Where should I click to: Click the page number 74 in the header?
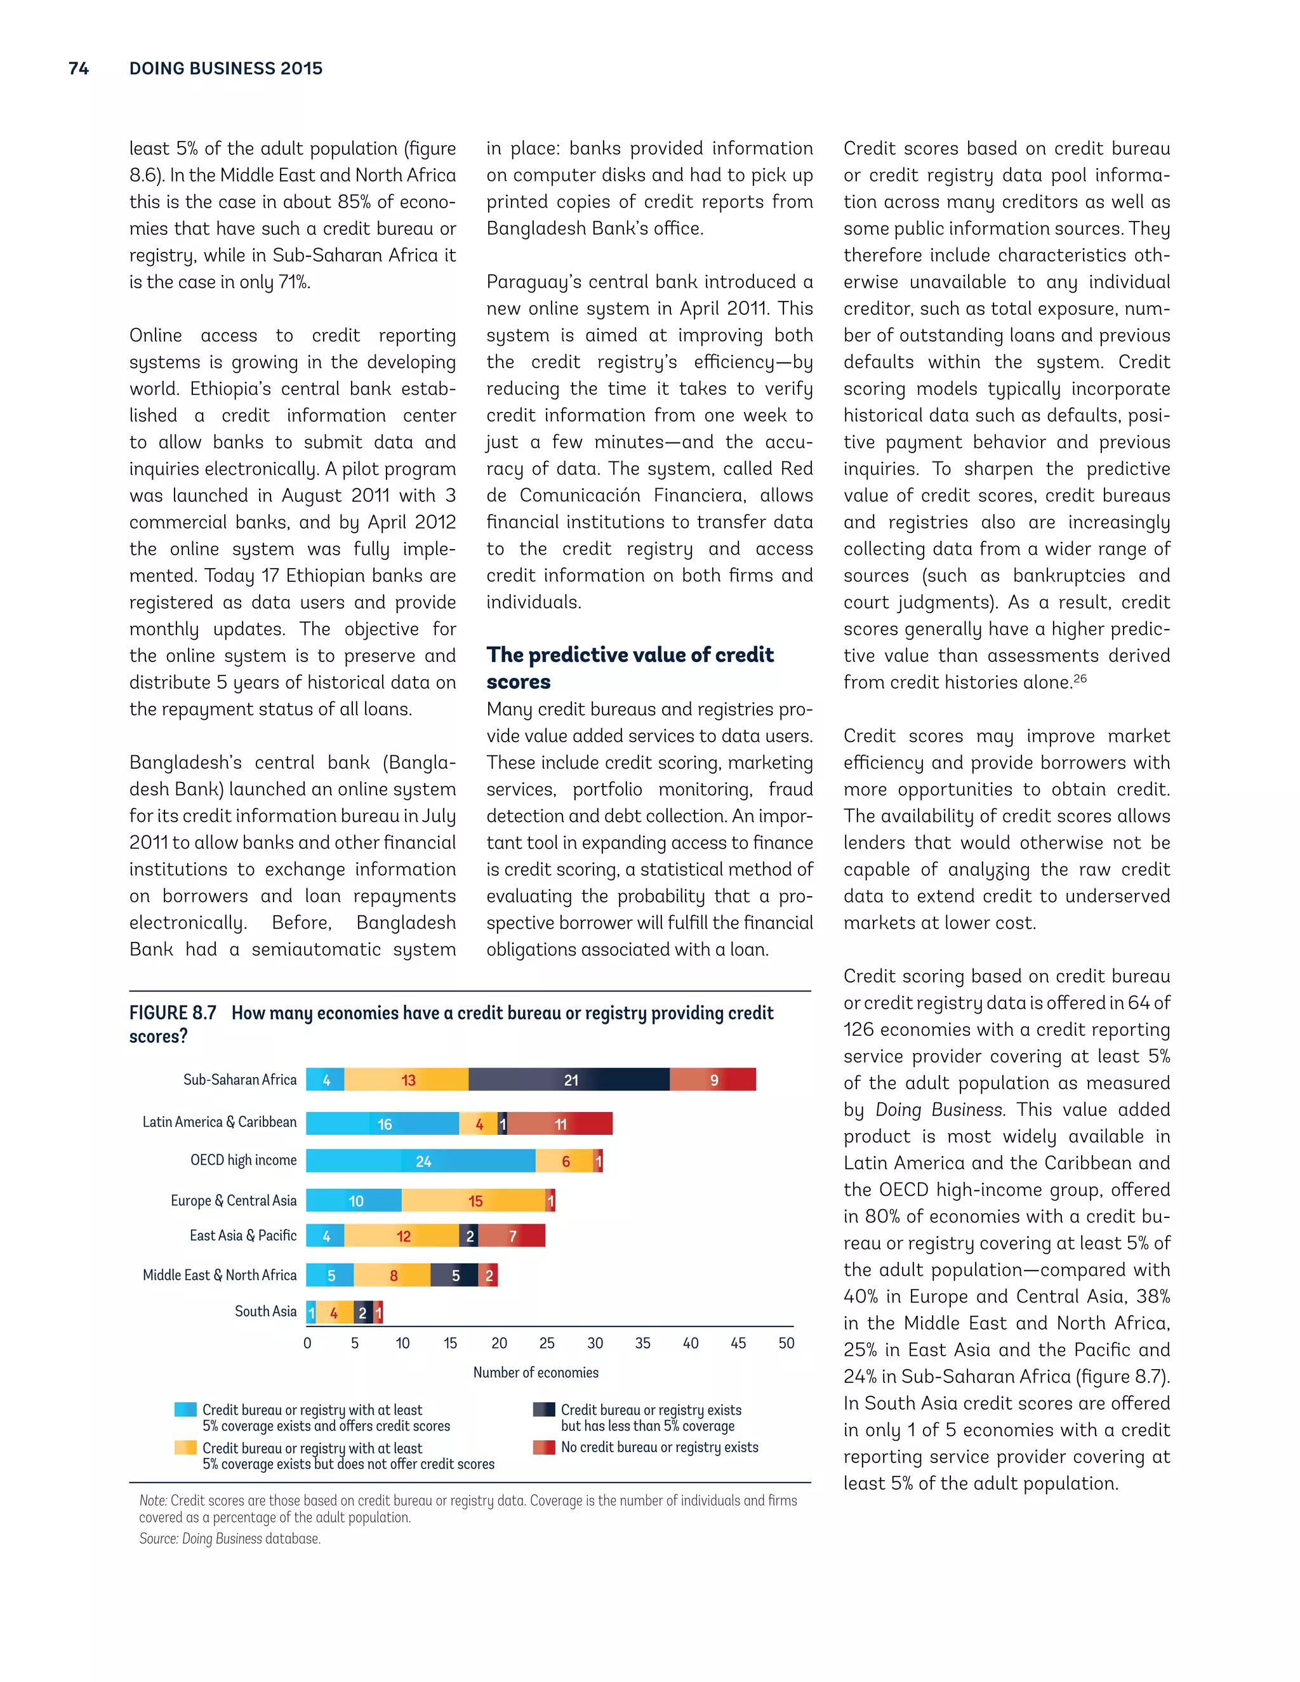79,69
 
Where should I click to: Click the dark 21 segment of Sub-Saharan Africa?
569,1080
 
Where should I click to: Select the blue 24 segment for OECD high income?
421,1162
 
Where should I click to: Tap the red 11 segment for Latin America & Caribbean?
560,1123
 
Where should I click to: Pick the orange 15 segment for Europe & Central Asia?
474,1201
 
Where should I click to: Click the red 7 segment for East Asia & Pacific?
512,1236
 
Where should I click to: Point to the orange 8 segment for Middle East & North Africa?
392,1275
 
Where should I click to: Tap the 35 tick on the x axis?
642,1343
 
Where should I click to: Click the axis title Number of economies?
535,1372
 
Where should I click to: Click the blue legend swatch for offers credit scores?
185,1409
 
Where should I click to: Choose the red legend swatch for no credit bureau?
544,1447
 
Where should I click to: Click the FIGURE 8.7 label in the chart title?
173,1013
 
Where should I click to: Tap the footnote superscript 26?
1080,679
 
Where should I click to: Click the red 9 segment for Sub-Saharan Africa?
713,1080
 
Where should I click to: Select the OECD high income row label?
243,1160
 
